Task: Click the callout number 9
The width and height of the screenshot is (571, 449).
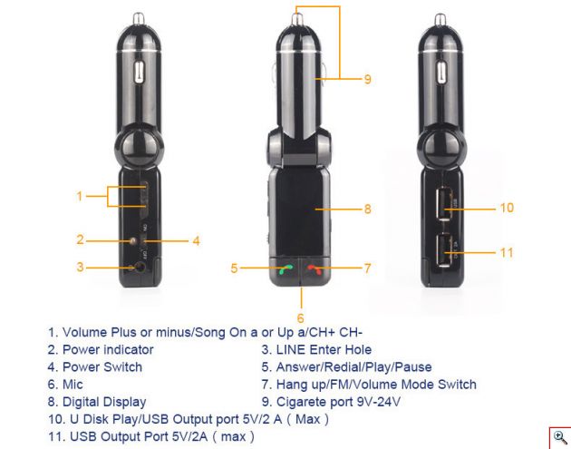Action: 368,80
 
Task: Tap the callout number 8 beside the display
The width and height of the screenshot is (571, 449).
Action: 368,210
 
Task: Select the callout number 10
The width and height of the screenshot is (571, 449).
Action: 506,208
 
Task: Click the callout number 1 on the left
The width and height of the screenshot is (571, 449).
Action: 80,196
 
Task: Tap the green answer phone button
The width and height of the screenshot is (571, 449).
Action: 286,268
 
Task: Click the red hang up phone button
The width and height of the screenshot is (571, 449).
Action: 315,268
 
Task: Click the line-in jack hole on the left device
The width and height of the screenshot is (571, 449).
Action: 139,268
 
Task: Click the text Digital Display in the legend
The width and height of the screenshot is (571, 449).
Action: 103,402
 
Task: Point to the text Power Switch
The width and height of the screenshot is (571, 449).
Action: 102,367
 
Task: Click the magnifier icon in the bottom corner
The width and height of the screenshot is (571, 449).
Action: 558,436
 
